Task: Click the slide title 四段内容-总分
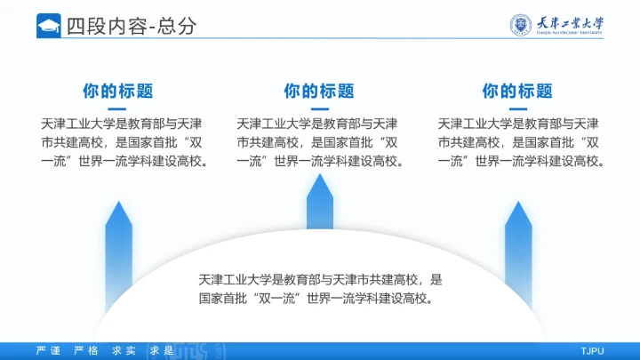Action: [131, 27]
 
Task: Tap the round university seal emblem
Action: [521, 25]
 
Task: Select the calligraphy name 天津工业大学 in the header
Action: [572, 22]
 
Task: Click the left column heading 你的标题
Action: [118, 91]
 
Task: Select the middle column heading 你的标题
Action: [319, 91]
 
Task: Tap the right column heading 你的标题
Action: [517, 91]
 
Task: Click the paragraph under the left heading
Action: [124, 142]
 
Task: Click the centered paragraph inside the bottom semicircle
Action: [320, 289]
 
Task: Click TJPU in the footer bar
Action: [592, 351]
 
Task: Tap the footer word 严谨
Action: [48, 351]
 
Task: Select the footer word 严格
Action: [86, 351]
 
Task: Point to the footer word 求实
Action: [124, 351]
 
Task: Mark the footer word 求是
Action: [161, 351]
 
